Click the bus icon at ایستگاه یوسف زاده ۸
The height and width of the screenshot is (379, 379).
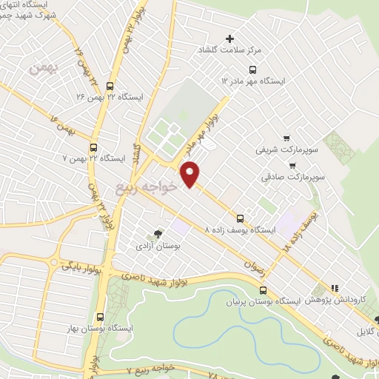(x=240, y=218)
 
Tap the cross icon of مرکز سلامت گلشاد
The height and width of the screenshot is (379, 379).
(x=229, y=38)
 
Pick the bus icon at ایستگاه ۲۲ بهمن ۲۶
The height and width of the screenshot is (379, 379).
(x=110, y=85)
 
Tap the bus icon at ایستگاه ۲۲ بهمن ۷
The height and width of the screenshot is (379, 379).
(x=93, y=147)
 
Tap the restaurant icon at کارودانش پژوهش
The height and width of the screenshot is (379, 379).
(x=334, y=288)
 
